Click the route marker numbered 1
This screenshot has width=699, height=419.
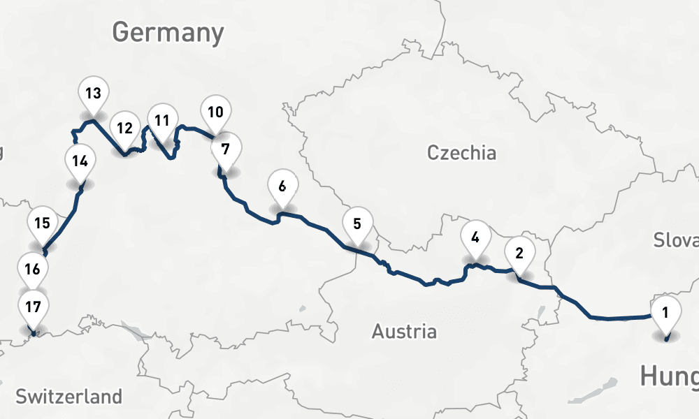tap(665, 312)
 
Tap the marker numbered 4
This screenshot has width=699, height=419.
tap(475, 237)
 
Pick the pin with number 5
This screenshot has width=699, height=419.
tap(357, 224)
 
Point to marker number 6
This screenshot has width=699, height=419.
tap(282, 186)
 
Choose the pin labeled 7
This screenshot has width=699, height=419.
tap(225, 149)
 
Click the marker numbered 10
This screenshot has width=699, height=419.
tap(215, 112)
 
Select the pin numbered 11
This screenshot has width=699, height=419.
tap(162, 120)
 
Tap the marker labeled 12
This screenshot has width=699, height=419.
tap(124, 128)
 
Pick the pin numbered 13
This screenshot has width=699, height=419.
tap(94, 93)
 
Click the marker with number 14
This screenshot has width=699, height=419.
tap(80, 161)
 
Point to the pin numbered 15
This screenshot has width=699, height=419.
tap(42, 223)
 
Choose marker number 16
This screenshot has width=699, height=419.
tap(32, 268)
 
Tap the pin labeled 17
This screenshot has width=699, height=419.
tap(33, 307)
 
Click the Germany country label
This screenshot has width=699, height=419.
tap(168, 32)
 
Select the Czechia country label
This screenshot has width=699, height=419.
tap(461, 153)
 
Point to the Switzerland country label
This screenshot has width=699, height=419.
tap(69, 397)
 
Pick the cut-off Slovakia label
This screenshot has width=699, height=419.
tap(676, 240)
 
